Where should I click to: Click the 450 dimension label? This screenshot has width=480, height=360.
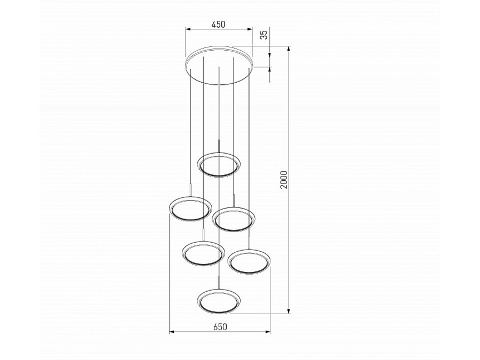(219, 24)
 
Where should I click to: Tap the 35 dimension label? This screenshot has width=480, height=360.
(264, 35)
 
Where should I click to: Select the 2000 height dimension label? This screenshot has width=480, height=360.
(284, 180)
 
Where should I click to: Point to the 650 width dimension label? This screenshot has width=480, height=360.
(220, 327)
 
